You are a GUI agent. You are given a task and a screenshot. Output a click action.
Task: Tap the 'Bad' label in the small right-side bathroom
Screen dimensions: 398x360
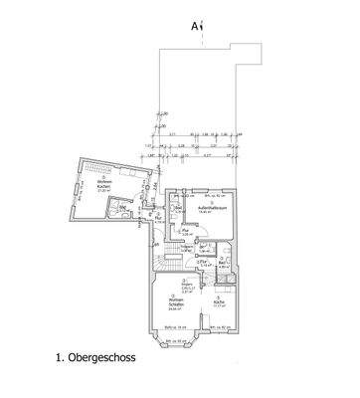pyautogui.click(x=224, y=264)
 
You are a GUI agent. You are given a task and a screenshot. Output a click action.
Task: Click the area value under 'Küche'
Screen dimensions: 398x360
pyautogui.click(x=219, y=305)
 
